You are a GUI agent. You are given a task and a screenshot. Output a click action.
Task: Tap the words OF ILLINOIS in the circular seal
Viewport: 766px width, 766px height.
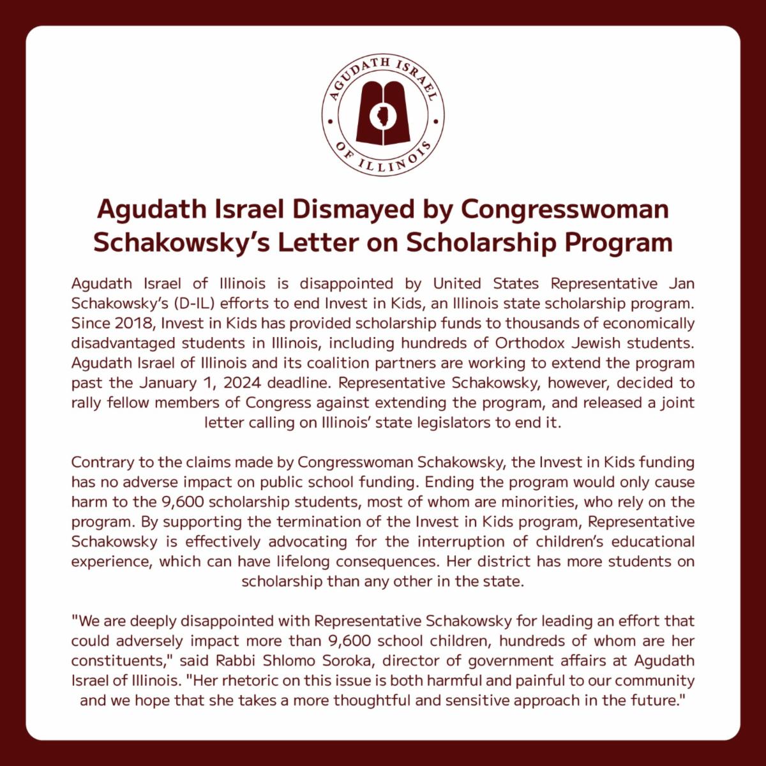[x=383, y=160]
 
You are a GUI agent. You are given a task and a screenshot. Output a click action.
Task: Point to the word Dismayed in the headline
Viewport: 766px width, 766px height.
[x=354, y=209]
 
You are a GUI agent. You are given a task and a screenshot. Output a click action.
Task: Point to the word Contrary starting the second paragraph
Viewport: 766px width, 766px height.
[x=100, y=462]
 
